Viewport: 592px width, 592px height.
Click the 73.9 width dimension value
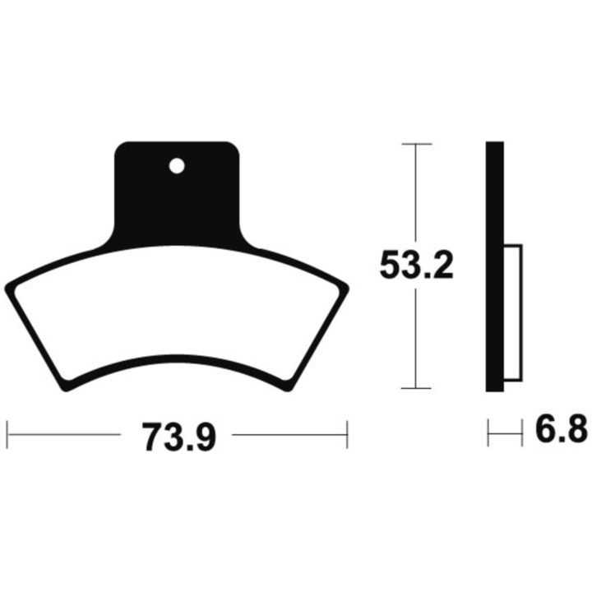(179, 437)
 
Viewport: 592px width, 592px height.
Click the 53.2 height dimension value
(416, 265)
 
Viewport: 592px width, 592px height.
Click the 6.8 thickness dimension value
(561, 428)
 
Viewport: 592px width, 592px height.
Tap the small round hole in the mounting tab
(177, 166)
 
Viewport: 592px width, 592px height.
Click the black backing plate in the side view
(495, 266)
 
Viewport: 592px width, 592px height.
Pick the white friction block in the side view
(513, 312)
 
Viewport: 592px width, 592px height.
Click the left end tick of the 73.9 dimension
(7, 435)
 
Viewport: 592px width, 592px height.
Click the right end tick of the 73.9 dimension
(347, 435)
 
